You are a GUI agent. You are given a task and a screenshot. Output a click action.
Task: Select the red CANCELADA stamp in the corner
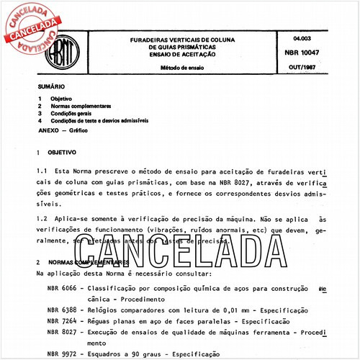(30, 27)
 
